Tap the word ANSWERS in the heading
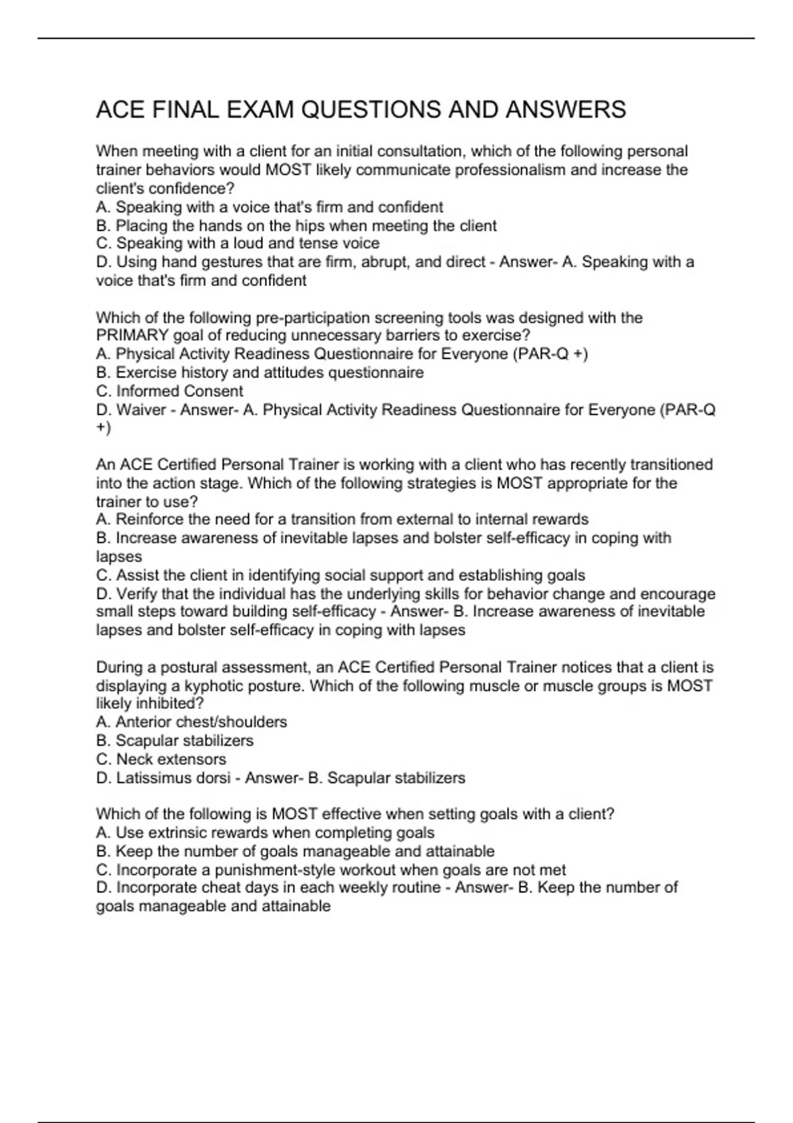point(566,110)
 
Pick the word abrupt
point(384,262)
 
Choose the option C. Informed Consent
point(170,391)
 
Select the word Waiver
point(141,410)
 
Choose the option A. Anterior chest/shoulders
point(192,722)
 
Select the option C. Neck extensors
point(161,759)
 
